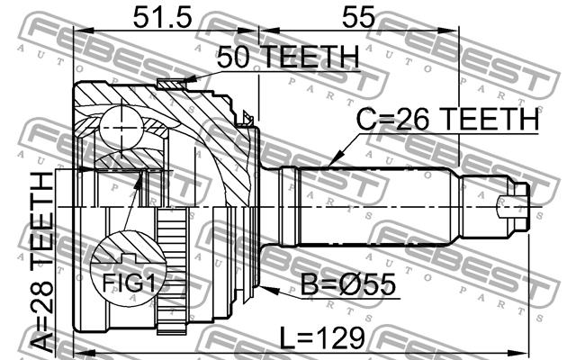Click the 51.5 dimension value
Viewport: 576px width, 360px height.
pyautogui.click(x=162, y=17)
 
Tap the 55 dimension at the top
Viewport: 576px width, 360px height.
pyautogui.click(x=358, y=17)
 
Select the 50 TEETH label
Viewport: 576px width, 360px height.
pyautogui.click(x=288, y=57)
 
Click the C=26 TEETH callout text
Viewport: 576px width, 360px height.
pyautogui.click(x=447, y=119)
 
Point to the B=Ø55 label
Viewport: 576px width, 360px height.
pyautogui.click(x=348, y=284)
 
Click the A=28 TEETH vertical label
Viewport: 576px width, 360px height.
pyautogui.click(x=42, y=262)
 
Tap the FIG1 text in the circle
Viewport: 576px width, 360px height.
pyautogui.click(x=129, y=283)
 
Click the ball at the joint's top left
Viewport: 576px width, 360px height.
pyautogui.click(x=121, y=128)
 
